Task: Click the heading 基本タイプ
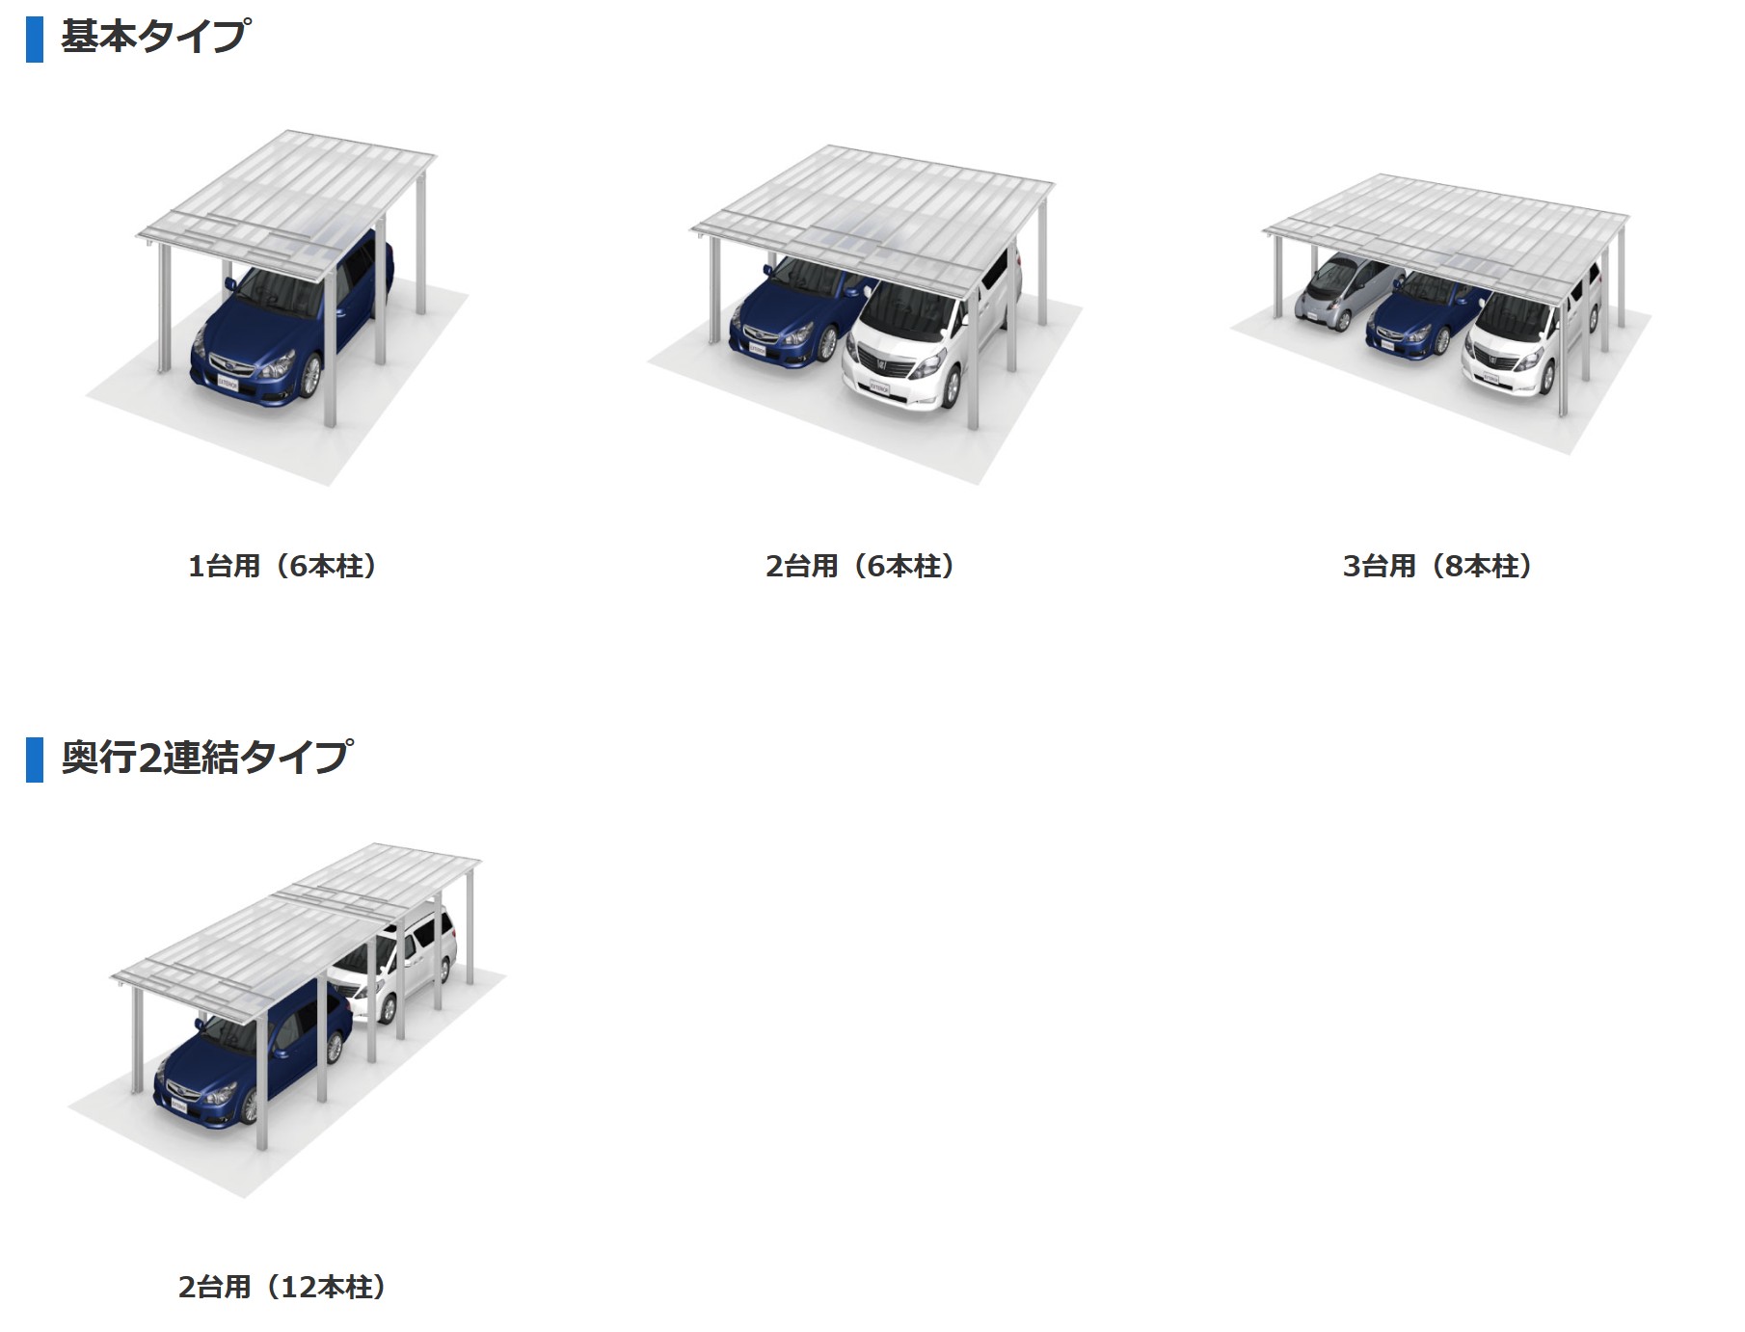pos(154,37)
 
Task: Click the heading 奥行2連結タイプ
pos(206,757)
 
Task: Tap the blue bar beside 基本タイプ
pos(35,39)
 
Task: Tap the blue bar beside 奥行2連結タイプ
pos(35,759)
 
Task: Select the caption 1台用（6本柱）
pos(282,566)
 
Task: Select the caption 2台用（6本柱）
pos(861,566)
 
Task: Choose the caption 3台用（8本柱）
pos(1438,566)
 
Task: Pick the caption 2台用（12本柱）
pos(282,1287)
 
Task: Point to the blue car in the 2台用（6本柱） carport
pos(795,313)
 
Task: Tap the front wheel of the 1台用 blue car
pos(310,377)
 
